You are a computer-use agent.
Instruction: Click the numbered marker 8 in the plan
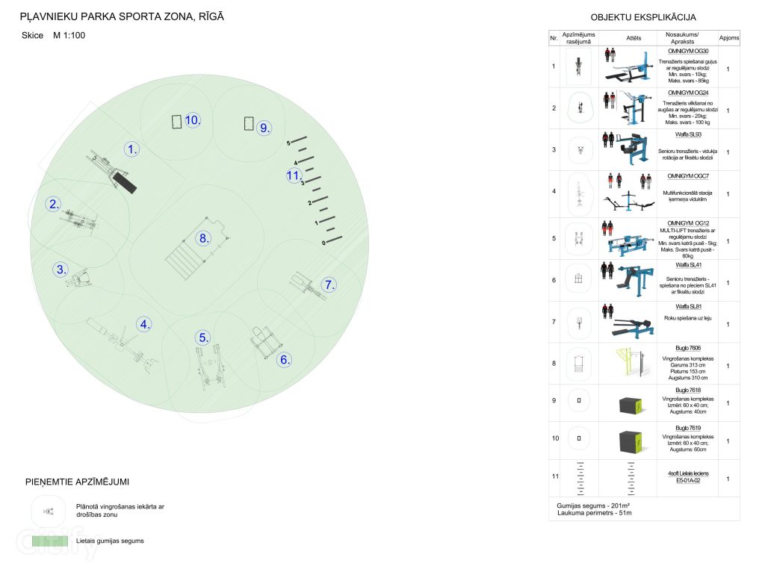pos(203,238)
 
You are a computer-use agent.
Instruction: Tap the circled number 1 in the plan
pos(132,149)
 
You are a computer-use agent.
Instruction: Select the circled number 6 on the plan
pos(285,359)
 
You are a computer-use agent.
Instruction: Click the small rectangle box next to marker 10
pos(176,122)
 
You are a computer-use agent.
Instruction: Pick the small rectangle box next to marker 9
pos(249,124)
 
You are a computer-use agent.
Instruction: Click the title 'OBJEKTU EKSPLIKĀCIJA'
pos(643,18)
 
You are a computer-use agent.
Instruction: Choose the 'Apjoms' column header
pos(728,37)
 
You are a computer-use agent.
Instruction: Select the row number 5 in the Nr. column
pos(554,239)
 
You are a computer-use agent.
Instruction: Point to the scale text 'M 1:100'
pos(69,35)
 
